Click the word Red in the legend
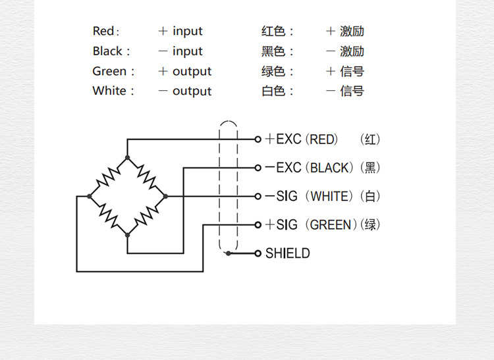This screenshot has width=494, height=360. tap(103, 31)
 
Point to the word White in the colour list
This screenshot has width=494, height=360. tap(110, 91)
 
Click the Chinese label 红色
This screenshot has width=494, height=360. tap(274, 31)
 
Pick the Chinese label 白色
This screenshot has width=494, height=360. tap(274, 91)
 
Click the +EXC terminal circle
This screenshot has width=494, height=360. tap(258, 139)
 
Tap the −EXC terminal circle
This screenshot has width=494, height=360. tap(258, 167)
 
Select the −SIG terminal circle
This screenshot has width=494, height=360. tap(258, 196)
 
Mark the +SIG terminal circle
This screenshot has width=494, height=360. tap(258, 224)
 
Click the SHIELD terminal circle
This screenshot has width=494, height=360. tap(258, 253)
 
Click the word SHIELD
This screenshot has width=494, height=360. tap(287, 253)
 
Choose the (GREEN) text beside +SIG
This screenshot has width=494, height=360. tap(333, 224)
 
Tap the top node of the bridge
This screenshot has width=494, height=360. tap(127, 158)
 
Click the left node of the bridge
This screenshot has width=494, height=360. tap(90, 196)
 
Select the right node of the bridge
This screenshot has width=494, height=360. tap(165, 196)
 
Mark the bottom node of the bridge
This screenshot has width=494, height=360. tap(127, 234)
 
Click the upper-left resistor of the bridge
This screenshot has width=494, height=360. tap(108, 176)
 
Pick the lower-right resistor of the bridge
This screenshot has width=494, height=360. tap(146, 215)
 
